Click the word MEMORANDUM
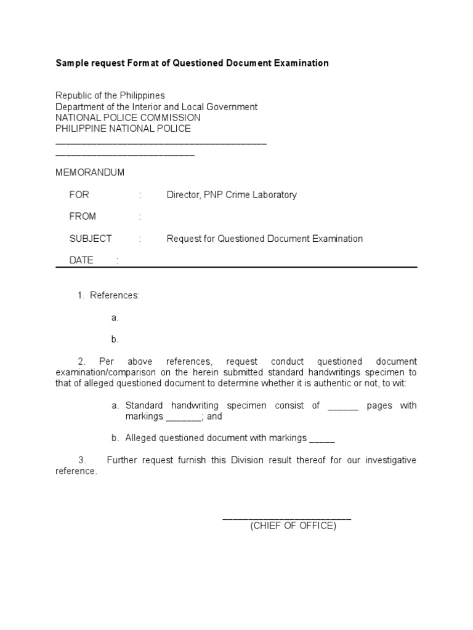(90, 173)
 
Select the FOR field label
(79, 195)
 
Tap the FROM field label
(83, 217)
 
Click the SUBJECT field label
(91, 239)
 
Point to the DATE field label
(81, 260)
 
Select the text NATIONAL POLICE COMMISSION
(127, 118)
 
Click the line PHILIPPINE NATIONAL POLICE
(123, 129)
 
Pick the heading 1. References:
(108, 295)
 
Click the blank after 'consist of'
(343, 405)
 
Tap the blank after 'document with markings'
(322, 438)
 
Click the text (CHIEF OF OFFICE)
(293, 526)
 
